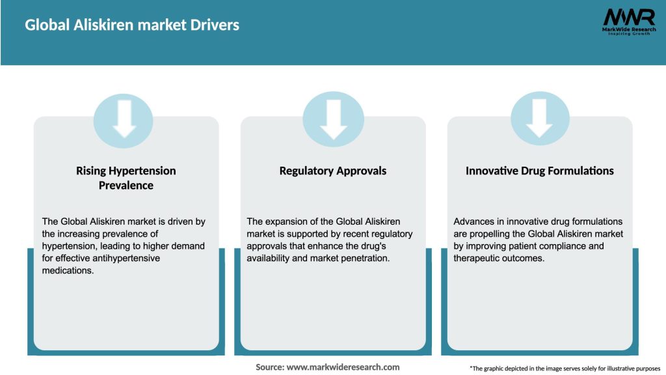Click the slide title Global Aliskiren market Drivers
(x=132, y=25)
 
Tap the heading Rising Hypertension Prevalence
(x=126, y=178)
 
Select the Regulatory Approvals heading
(x=333, y=171)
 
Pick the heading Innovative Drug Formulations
(x=540, y=171)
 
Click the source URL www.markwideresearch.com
(x=343, y=367)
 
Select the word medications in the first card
(x=68, y=271)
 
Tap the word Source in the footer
(x=269, y=367)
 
